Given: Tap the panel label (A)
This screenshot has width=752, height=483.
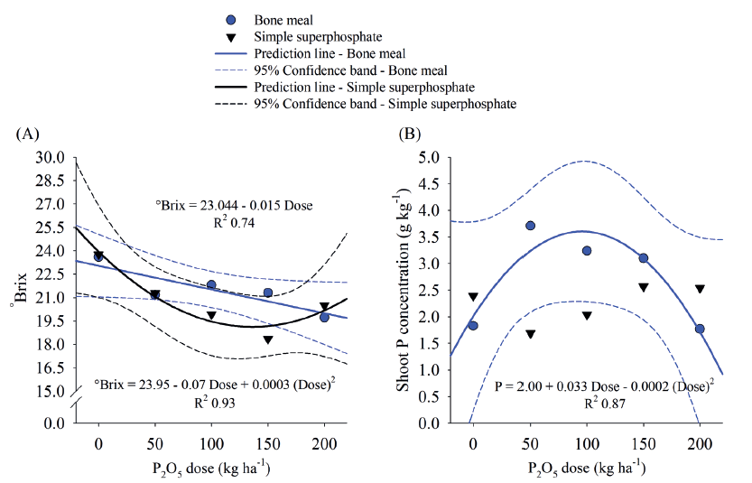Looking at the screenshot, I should click(x=28, y=134).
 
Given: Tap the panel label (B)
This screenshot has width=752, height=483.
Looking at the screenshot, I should click(x=410, y=134).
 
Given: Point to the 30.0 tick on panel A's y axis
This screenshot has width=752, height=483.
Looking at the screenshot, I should click(x=50, y=157).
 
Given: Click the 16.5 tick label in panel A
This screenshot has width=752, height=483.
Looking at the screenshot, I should click(x=50, y=368).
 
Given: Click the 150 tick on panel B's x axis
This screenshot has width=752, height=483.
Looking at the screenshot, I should click(x=643, y=445).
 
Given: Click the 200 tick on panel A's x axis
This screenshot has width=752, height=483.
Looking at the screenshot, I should click(x=324, y=445).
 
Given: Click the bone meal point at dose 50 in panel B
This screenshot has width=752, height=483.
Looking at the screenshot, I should click(x=531, y=226).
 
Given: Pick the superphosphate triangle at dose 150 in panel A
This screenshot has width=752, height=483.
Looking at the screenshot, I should click(x=268, y=339).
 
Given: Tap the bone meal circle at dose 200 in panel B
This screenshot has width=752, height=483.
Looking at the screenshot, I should click(x=701, y=329).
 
